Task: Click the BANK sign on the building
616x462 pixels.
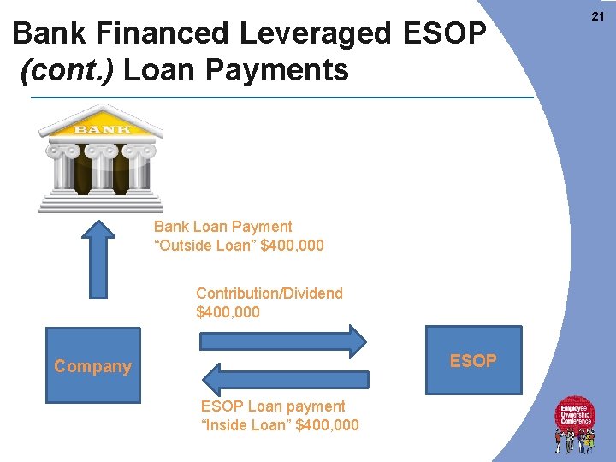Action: point(102,129)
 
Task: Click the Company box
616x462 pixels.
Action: point(92,365)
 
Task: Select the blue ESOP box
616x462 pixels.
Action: point(473,360)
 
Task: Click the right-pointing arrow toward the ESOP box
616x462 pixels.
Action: point(282,341)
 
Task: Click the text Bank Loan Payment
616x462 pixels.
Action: point(222,227)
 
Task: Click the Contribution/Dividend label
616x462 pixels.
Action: point(269,293)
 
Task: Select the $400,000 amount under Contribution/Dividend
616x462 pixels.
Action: point(228,313)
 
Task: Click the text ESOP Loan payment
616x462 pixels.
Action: point(273,406)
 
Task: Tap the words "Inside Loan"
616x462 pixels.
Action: point(246,425)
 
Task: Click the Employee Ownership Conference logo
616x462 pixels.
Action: point(575,423)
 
